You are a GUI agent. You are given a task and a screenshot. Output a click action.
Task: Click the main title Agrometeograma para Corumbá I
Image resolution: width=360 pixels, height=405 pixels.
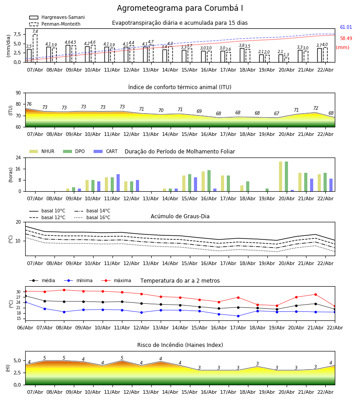point(180,9)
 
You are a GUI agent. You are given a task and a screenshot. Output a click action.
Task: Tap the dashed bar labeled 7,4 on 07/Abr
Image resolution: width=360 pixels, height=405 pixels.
point(35,48)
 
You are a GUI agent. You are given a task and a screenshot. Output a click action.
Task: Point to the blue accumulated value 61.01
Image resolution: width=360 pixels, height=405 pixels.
point(346,27)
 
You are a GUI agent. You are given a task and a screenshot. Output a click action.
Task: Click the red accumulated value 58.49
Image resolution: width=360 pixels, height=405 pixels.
point(346,39)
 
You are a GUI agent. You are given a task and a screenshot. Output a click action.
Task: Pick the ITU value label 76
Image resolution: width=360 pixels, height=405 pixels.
point(29,104)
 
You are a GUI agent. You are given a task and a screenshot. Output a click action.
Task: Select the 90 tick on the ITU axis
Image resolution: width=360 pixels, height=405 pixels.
point(18,93)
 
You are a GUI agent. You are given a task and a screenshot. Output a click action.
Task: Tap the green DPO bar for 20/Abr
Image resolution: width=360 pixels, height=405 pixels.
point(286,176)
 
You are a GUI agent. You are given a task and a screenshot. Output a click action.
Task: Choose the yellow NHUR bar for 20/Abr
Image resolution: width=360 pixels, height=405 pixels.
point(280,176)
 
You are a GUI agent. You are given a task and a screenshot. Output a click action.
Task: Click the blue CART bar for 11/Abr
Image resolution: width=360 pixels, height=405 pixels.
point(118,183)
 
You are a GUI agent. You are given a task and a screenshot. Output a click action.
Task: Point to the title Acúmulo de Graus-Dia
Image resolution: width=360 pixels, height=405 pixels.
point(180,216)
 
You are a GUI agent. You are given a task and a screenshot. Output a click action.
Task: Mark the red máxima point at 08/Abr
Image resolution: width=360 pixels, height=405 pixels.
point(64,290)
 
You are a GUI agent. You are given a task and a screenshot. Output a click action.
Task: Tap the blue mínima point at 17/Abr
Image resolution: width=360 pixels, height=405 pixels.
point(238,316)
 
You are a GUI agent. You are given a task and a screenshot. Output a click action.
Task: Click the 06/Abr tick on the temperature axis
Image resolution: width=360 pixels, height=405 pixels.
point(25,327)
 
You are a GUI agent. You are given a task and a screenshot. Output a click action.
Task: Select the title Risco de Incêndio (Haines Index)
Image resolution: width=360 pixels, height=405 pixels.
point(180,345)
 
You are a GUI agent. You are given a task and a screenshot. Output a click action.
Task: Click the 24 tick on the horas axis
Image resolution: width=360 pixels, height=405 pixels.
point(18,158)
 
